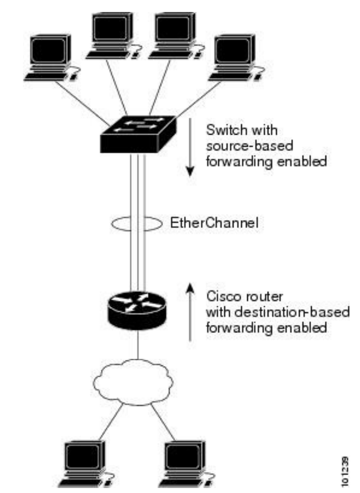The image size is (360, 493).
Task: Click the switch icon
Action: [x=138, y=135]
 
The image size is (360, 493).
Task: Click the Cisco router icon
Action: [x=137, y=310]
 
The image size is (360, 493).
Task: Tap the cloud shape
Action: [x=133, y=382]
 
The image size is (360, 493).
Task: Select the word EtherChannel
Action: [x=214, y=223]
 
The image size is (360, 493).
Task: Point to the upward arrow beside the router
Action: [x=190, y=311]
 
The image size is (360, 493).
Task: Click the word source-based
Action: [x=249, y=146]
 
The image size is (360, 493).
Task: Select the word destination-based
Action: [x=292, y=312]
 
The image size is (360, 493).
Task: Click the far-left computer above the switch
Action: [x=51, y=57]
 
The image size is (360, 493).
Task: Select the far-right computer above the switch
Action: [x=236, y=57]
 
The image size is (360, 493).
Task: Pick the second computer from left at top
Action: [x=113, y=35]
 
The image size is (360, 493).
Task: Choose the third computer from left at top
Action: [x=176, y=35]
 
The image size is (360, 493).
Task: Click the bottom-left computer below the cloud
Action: [x=85, y=464]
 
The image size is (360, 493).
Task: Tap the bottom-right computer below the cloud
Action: [x=186, y=464]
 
